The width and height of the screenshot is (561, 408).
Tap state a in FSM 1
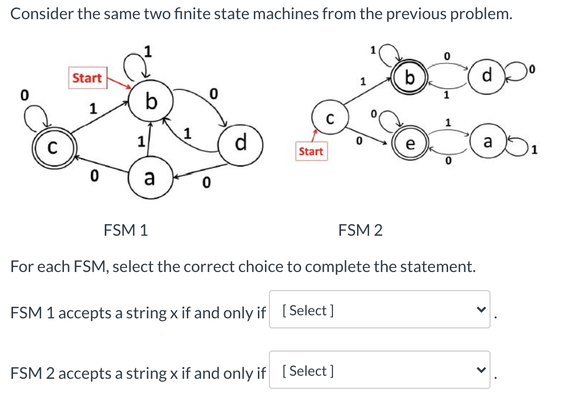click(149, 178)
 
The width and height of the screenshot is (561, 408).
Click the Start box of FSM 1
click(87, 79)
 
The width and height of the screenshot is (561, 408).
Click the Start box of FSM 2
click(311, 151)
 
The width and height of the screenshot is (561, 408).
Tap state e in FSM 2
click(410, 144)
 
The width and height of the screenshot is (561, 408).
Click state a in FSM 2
click(487, 143)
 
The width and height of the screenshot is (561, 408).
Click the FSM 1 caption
click(125, 231)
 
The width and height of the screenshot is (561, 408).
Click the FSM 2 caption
click(361, 231)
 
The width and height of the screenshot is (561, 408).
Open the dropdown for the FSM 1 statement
click(379, 310)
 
